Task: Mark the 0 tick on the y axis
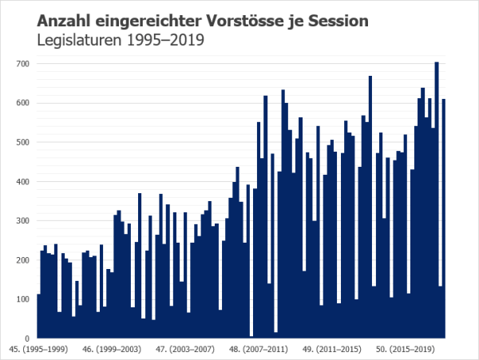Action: (x=26, y=338)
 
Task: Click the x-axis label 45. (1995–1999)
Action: (x=37, y=349)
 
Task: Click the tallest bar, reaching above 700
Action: (x=437, y=200)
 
